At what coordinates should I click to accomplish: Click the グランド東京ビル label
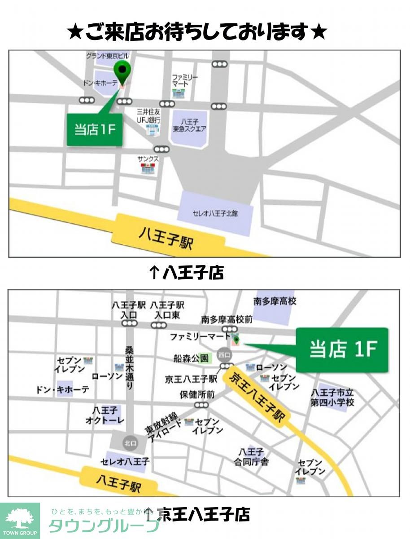click(x=107, y=56)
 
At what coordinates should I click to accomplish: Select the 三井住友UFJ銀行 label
click(x=149, y=115)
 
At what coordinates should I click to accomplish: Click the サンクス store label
click(x=148, y=159)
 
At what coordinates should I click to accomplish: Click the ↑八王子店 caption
click(x=186, y=273)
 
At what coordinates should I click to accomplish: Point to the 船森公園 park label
click(x=191, y=358)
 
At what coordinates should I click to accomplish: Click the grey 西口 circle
click(x=224, y=354)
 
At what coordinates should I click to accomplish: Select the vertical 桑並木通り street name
click(x=129, y=367)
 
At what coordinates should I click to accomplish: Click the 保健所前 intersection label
click(x=197, y=395)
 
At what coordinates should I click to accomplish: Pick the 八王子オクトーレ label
click(x=104, y=415)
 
